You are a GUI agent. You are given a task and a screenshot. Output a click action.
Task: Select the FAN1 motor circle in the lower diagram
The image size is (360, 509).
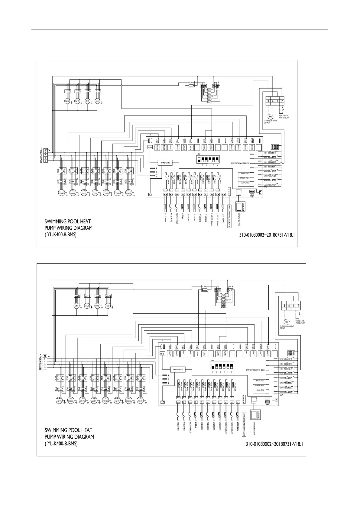pyautogui.click(x=108, y=306)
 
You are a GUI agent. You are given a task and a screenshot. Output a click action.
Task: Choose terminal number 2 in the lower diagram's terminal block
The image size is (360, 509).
pyautogui.click(x=298, y=305)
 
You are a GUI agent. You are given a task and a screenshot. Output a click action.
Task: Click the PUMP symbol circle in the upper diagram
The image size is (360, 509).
pyautogui.click(x=271, y=117)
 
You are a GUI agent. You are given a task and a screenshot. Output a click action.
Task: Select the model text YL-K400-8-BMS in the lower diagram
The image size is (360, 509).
pyautogui.click(x=61, y=443)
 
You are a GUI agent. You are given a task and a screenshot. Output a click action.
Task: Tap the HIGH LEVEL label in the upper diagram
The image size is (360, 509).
pyautogui.click(x=245, y=173)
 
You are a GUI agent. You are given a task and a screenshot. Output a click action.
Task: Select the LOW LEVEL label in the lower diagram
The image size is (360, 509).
pyautogui.click(x=260, y=390)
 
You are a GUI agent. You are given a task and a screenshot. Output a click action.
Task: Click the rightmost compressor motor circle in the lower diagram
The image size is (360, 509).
pyautogui.click(x=140, y=401)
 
